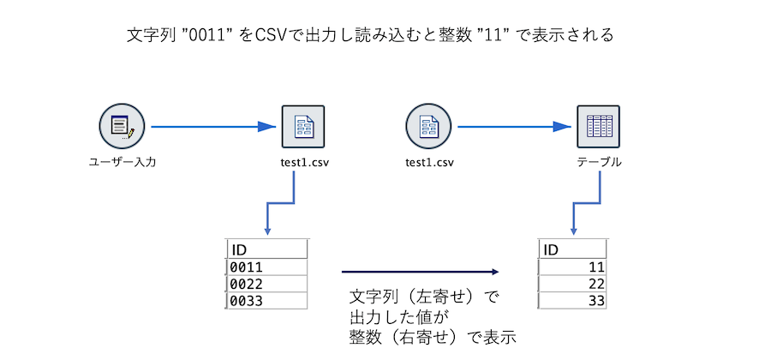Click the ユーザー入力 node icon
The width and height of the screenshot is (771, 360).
tap(122, 128)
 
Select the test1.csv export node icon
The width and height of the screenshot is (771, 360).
tap(303, 127)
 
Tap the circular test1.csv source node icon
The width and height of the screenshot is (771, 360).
tap(428, 127)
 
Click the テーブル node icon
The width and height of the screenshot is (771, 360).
tap(598, 127)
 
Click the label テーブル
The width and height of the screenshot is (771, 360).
tap(598, 162)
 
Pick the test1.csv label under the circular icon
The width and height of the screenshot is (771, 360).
tap(429, 162)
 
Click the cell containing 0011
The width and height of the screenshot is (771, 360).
tap(266, 267)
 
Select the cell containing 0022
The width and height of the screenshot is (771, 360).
tap(266, 284)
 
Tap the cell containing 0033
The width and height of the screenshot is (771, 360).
tap(266, 301)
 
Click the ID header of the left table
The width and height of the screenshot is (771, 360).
tap(266, 249)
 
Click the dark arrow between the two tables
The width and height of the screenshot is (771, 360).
tap(420, 273)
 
